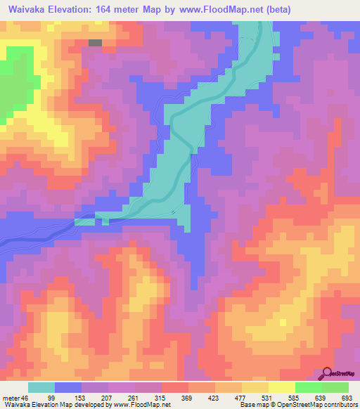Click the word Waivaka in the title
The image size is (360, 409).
[28, 10]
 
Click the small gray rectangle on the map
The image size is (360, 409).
[95, 42]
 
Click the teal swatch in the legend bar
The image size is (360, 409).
[41, 387]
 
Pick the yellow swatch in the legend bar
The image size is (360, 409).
[282, 387]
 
